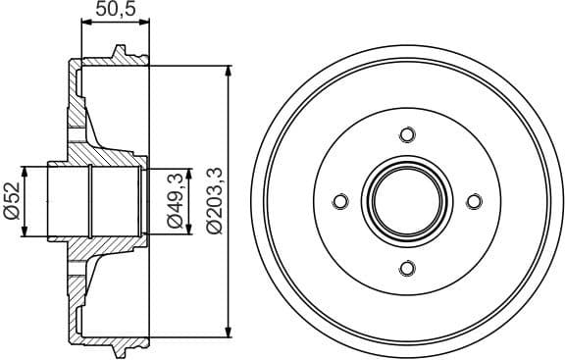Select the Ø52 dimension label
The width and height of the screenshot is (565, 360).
(x=13, y=201)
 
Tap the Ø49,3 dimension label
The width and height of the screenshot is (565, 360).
(x=176, y=201)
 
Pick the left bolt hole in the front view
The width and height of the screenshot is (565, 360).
(x=340, y=201)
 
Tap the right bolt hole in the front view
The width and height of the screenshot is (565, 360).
(x=474, y=201)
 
